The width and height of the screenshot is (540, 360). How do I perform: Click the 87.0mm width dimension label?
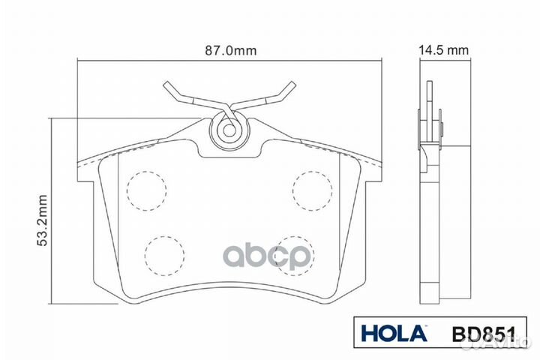pos(231,51)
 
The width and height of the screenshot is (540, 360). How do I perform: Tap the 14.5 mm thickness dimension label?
pos(443,50)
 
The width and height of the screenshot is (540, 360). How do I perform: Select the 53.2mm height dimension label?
pos(42,220)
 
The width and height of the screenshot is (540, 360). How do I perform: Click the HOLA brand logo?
pos(394,334)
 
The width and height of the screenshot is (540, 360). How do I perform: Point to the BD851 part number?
pos(484,334)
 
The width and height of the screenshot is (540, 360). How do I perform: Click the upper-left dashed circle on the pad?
pos(147,190)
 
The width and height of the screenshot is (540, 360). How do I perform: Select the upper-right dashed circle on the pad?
pos(312,190)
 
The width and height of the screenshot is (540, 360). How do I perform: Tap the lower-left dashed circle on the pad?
pos(164,256)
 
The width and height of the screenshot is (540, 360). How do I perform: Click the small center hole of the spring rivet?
pos(229,130)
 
